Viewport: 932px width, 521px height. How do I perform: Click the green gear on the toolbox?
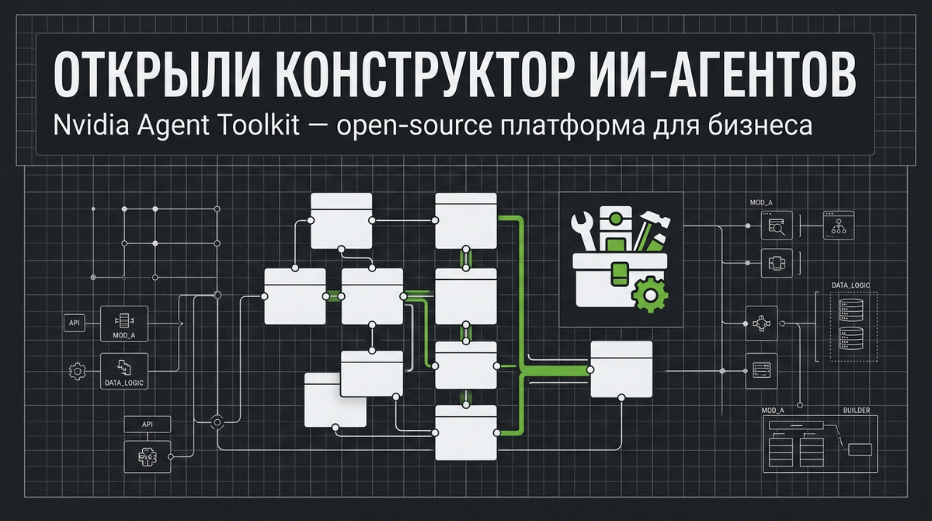[644, 294]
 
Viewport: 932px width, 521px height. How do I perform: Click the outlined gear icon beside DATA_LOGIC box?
[77, 372]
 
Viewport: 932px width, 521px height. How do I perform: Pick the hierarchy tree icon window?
[837, 226]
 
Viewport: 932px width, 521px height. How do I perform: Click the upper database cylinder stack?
[851, 309]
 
